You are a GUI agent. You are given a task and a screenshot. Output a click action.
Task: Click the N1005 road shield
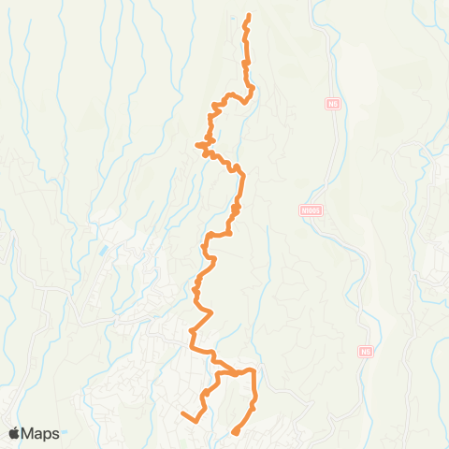pos(311,211)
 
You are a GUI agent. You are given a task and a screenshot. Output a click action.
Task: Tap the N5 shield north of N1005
pos(332,105)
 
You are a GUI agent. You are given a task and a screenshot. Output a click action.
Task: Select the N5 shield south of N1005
pos(366,353)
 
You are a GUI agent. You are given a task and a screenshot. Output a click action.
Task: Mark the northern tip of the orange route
pos(249,16)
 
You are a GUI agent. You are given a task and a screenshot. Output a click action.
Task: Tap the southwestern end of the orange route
pos(183,412)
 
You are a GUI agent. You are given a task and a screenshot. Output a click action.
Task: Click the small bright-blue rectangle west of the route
pos(102,252)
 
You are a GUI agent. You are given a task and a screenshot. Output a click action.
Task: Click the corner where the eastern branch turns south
pos(253,372)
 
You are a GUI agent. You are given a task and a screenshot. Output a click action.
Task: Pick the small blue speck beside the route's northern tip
pos(233,17)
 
